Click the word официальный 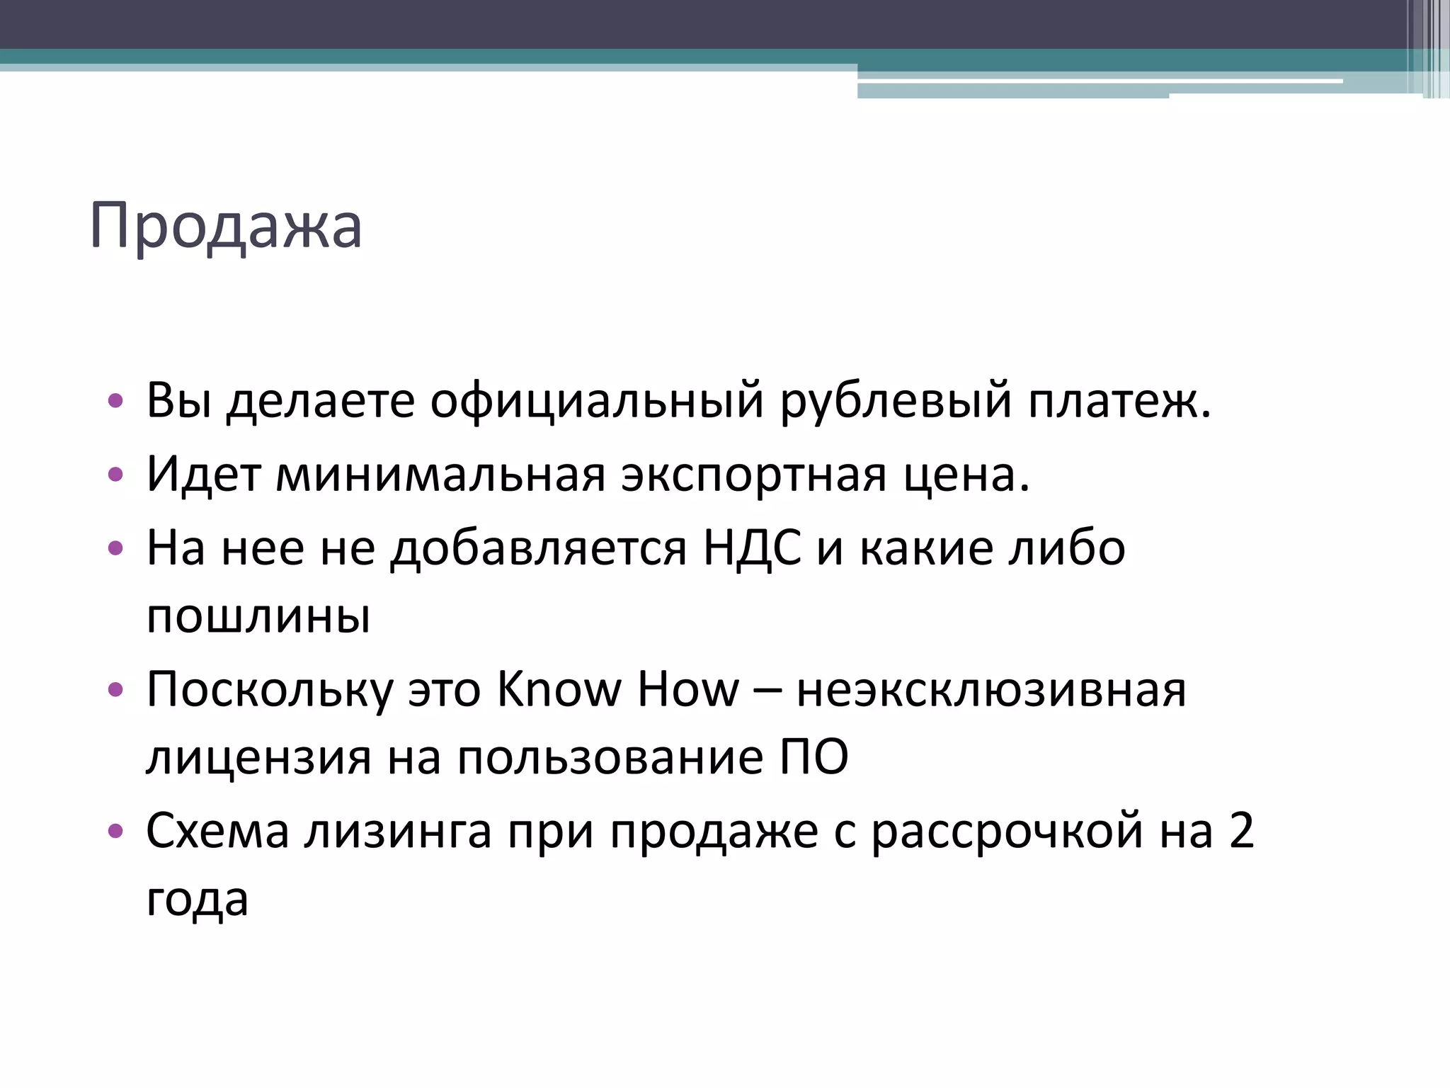(x=597, y=401)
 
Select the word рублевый (x=896, y=401)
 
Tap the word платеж (x=1119, y=401)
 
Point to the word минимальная (x=440, y=475)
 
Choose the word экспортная (x=753, y=475)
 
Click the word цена (x=966, y=475)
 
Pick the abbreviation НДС (x=752, y=548)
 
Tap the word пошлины (x=258, y=616)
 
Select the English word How (x=688, y=689)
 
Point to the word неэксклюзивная (x=991, y=689)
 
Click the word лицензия (x=258, y=758)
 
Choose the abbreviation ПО (x=814, y=758)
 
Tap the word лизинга (x=398, y=831)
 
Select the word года (x=197, y=900)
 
